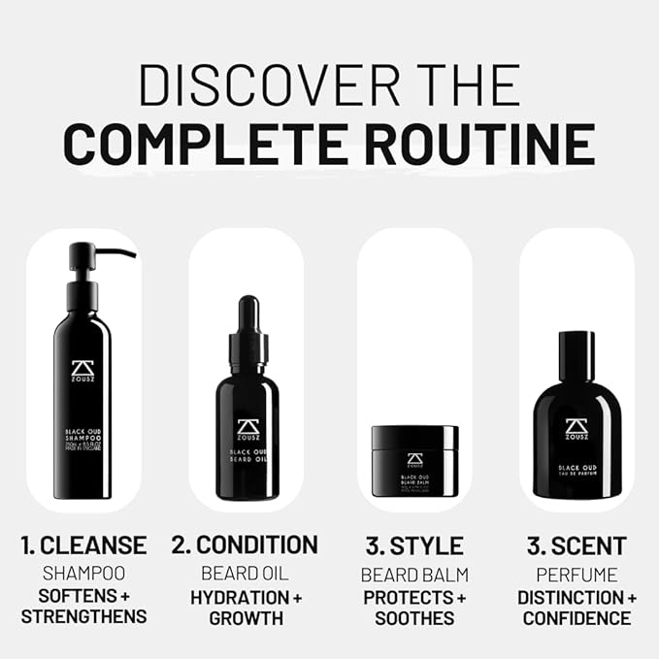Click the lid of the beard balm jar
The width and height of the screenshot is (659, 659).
[x=414, y=438]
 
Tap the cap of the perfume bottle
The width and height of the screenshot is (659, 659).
[x=577, y=357]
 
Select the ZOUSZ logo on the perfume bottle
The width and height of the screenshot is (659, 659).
[x=577, y=428]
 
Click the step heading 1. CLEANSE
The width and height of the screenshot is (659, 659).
[x=84, y=545]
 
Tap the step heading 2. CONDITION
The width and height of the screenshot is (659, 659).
[x=245, y=545]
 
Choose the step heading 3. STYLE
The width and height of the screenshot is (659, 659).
[x=413, y=545]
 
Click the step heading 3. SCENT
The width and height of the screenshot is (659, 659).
[x=577, y=545]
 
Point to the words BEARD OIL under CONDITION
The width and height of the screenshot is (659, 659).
[x=245, y=573]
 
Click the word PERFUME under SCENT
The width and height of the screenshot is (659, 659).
[x=577, y=573]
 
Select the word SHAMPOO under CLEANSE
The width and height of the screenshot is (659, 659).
[x=83, y=573]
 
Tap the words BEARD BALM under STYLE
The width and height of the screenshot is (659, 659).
[x=413, y=573]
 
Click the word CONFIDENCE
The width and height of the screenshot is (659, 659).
[x=577, y=618]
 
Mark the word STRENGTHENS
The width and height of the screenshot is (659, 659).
[x=83, y=616]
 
